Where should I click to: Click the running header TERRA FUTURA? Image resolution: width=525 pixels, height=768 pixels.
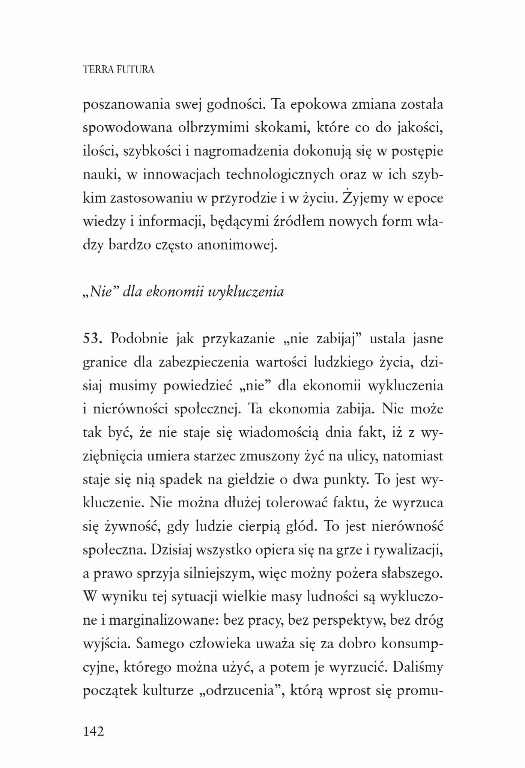point(118,70)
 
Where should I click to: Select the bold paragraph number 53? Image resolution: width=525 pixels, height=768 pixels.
point(92,339)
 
